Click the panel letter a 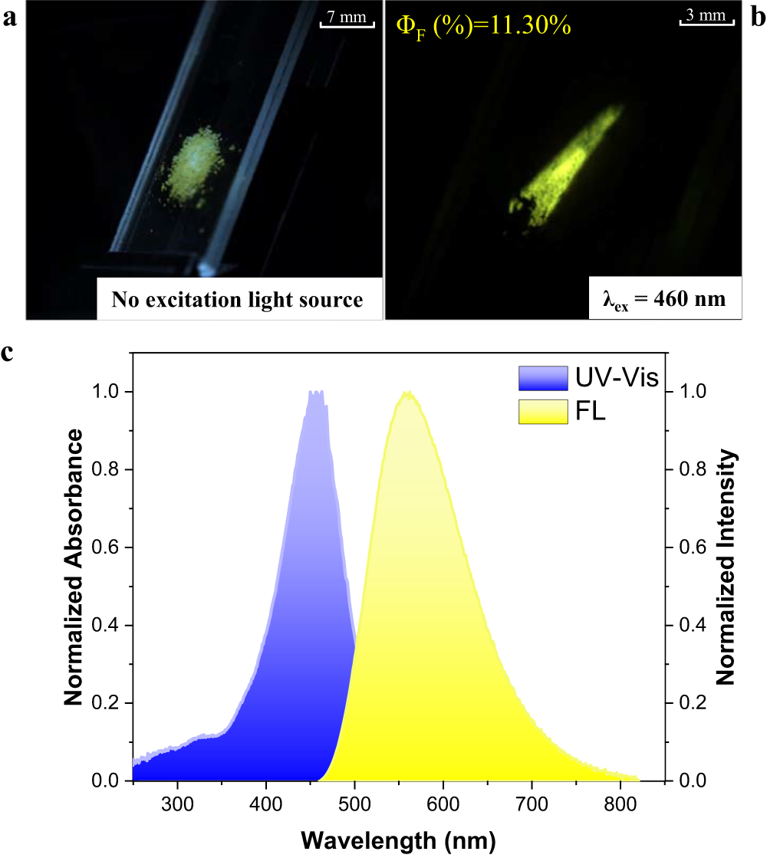10,19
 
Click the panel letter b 757,19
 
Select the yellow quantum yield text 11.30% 483,26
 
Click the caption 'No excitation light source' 237,299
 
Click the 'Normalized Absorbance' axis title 74,567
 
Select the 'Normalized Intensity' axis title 726,567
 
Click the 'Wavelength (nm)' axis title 398,836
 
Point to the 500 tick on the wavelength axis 354,800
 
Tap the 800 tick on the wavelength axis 619,800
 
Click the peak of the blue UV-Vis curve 315,393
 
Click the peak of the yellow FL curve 408,393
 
